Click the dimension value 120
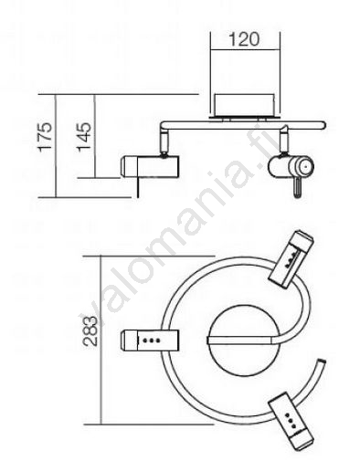tap(244, 39)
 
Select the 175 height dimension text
tap(45, 137)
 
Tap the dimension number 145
tap(83, 137)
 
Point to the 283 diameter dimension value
tap(90, 331)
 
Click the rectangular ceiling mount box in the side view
tap(245, 105)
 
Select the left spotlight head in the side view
tap(150, 166)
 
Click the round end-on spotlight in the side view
tap(291, 166)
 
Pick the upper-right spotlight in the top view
tap(291, 259)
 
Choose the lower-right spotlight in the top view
tap(291, 422)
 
